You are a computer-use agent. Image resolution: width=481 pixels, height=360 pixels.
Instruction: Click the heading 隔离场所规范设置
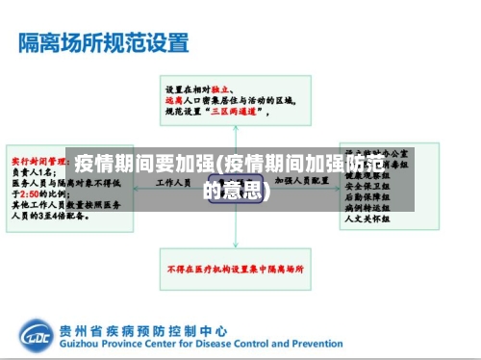pos(105,43)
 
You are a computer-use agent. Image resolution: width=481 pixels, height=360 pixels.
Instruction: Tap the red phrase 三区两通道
pos(239,113)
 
